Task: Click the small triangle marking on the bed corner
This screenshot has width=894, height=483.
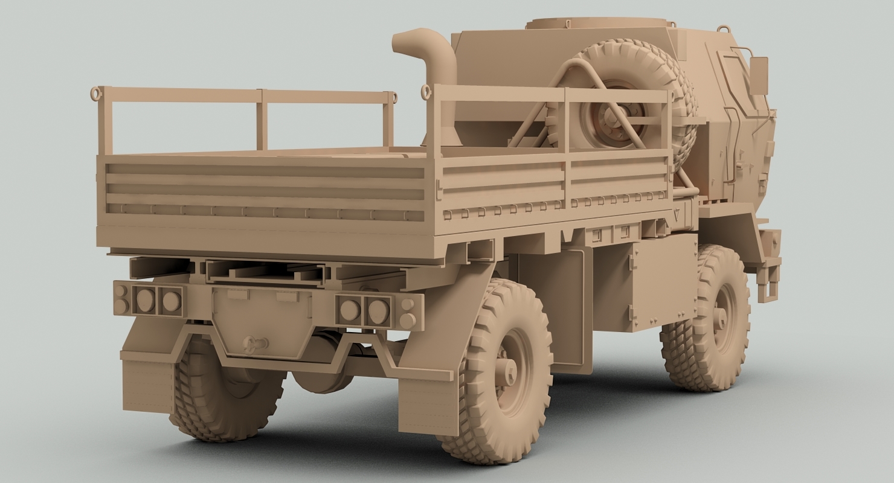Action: (676, 215)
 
